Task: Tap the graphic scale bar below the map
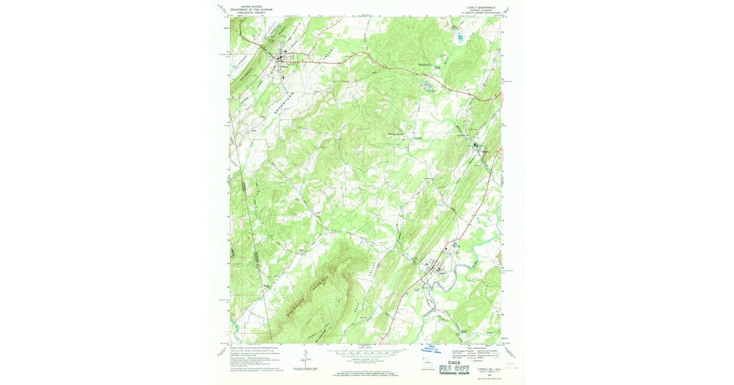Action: pyautogui.click(x=366, y=352)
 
